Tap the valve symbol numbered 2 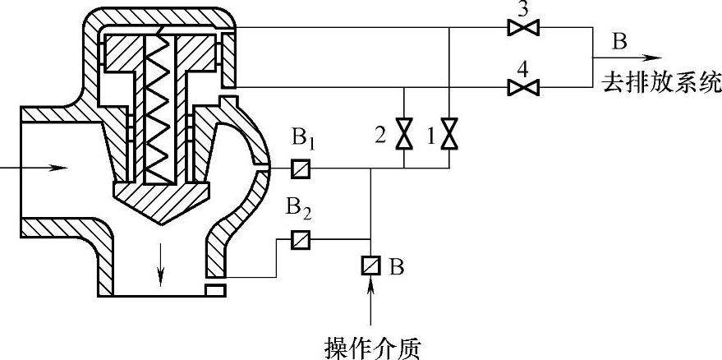coord(404,134)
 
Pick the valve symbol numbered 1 coord(448,134)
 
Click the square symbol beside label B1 coord(299,170)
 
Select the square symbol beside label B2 coord(299,241)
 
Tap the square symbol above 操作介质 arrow coord(370,266)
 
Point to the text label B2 coord(300,209)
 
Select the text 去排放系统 coord(661,82)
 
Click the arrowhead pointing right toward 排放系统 coord(652,58)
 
